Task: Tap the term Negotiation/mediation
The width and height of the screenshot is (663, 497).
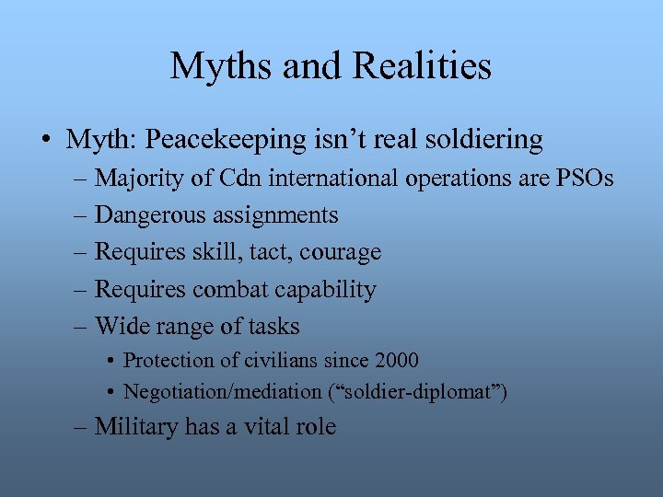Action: [222, 392]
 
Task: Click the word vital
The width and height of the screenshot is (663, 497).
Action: [267, 427]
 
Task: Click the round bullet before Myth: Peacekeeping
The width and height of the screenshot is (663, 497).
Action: [45, 141]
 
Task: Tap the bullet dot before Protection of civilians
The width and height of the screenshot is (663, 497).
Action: [110, 361]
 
